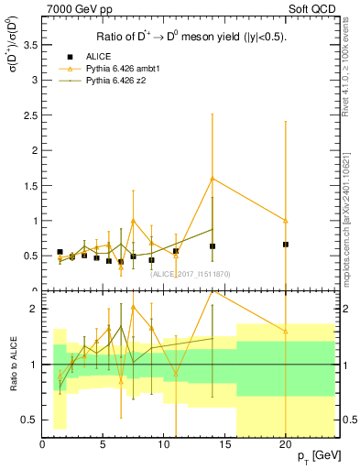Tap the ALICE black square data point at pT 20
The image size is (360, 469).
(286, 245)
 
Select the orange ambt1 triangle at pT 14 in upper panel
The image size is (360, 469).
(213, 179)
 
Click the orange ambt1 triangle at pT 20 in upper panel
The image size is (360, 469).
(286, 221)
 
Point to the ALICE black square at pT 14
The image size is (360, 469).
(213, 246)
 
